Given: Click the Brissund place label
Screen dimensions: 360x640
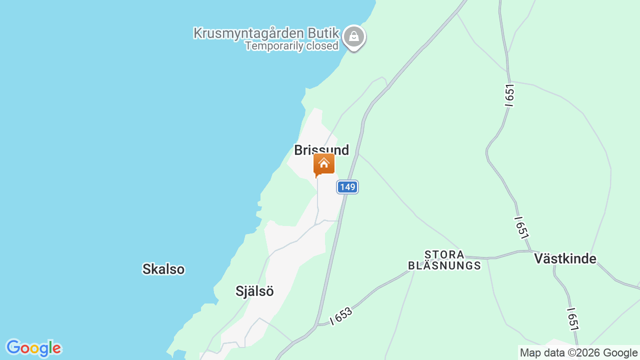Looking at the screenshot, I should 321,149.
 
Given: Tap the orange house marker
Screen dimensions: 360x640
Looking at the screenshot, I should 324,164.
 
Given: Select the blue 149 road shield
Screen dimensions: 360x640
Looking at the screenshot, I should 347,187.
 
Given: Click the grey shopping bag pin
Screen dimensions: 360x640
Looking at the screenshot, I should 354,37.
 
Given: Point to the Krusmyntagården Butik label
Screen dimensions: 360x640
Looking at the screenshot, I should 266,33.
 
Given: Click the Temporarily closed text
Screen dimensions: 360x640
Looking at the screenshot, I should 291,46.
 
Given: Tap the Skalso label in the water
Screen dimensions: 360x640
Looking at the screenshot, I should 163,269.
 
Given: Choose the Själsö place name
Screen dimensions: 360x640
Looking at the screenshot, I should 254,291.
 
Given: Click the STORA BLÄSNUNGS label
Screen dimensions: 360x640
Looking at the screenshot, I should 444,260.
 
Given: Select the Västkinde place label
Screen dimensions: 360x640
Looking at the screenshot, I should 565,258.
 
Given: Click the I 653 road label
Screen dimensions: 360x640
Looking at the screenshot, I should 341,316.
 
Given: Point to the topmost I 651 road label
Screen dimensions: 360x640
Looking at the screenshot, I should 509,95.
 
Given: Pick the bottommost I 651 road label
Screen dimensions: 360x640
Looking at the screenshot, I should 573,319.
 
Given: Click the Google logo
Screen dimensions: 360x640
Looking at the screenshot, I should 33,348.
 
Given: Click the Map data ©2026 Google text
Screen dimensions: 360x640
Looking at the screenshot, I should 578,352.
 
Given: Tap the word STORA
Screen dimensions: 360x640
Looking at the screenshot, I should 444,254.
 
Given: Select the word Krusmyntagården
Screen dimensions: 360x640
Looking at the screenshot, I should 248,33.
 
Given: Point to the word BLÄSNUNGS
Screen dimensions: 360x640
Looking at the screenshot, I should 444,265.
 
